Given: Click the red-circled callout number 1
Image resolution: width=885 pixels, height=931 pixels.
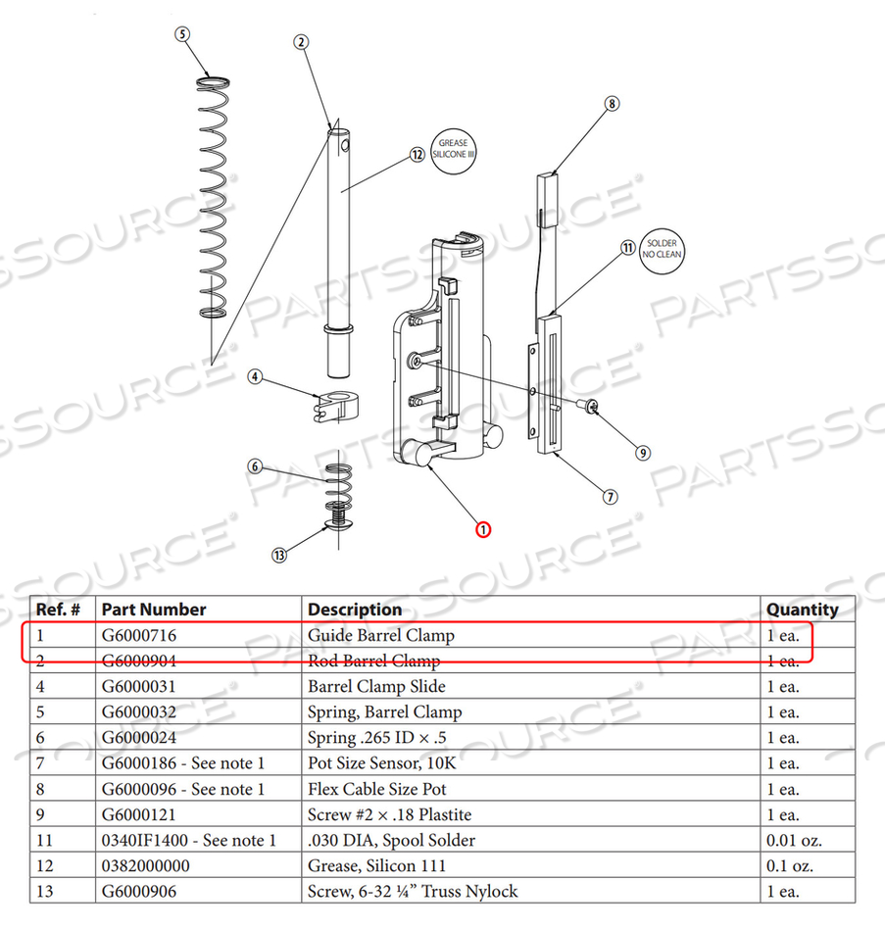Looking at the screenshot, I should [x=483, y=530].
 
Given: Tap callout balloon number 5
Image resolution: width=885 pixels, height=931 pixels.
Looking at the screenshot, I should [x=181, y=33].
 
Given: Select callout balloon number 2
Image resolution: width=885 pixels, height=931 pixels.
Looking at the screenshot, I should [x=301, y=41].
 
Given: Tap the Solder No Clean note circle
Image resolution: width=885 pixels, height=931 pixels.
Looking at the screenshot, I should [x=663, y=249].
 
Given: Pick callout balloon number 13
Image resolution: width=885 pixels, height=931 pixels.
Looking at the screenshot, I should [x=279, y=556].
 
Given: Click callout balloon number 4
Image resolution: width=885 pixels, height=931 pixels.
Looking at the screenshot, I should [x=254, y=375].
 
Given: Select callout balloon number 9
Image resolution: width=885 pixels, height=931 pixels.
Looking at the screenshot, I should [x=643, y=453].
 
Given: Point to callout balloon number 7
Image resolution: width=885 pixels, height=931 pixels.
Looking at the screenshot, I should [x=610, y=497].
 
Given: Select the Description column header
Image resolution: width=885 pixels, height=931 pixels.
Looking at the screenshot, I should [x=355, y=610].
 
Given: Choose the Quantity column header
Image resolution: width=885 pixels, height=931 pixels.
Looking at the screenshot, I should [x=802, y=610].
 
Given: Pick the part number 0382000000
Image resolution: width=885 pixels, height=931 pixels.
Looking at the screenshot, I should [x=146, y=865].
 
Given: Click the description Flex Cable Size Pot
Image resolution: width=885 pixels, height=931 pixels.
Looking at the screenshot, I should [x=377, y=789].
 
